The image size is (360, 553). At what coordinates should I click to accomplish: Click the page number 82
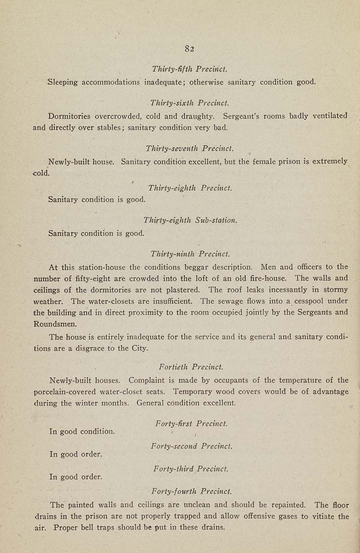pyautogui.click(x=189, y=49)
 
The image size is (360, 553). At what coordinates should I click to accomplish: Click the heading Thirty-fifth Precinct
pyautogui.click(x=186, y=68)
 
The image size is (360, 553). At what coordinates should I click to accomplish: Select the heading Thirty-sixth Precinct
pyautogui.click(x=186, y=103)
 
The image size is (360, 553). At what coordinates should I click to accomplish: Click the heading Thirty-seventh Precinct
pyautogui.click(x=190, y=149)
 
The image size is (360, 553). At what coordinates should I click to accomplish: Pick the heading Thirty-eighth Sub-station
pyautogui.click(x=190, y=220)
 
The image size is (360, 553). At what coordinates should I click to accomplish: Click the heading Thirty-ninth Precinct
pyautogui.click(x=190, y=254)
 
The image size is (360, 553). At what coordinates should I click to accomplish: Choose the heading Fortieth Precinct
pyautogui.click(x=191, y=367)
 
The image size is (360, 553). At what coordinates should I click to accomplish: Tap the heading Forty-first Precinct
pyautogui.click(x=191, y=424)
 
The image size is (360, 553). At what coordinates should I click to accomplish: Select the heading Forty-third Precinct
pyautogui.click(x=191, y=469)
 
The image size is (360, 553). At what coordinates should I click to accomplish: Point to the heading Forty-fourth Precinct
pyautogui.click(x=191, y=491)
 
